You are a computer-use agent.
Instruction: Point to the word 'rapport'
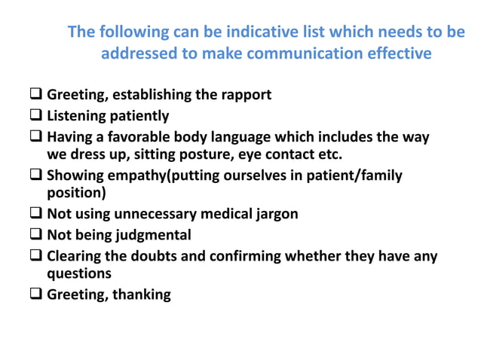coord(245,95)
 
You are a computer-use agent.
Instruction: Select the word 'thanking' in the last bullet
coord(142,294)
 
